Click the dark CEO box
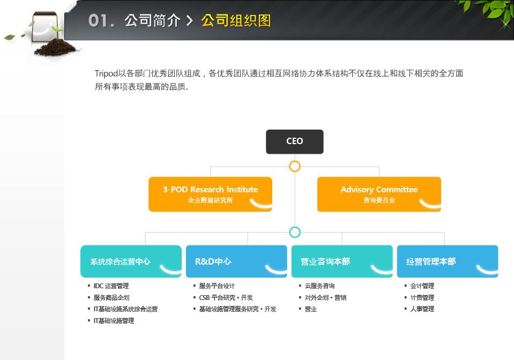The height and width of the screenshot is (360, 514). [294, 141]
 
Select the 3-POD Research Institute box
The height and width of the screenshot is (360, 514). [210, 194]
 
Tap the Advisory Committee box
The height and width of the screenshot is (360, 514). [379, 194]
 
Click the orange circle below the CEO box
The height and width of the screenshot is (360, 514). [295, 167]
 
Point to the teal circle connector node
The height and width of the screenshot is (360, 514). [295, 232]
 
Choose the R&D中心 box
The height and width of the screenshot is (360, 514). [236, 261]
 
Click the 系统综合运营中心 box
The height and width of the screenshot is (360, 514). [131, 261]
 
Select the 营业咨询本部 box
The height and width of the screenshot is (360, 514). [342, 261]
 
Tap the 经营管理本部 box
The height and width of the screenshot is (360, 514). [448, 261]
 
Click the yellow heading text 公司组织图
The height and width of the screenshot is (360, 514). [236, 20]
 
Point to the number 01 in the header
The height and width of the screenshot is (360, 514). [98, 20]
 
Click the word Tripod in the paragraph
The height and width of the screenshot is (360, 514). [106, 74]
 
